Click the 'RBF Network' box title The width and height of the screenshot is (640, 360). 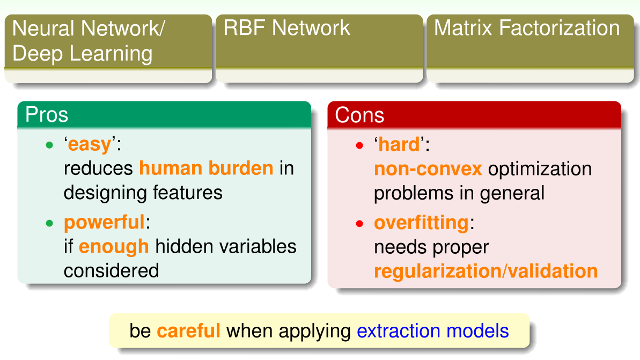tap(286, 28)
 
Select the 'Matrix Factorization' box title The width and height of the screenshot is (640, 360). tap(526, 28)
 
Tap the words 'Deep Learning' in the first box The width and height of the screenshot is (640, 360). tap(82, 54)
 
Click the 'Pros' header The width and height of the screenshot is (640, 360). tap(47, 115)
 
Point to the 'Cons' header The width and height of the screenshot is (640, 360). tap(359, 115)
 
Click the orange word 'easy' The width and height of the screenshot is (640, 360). tap(90, 144)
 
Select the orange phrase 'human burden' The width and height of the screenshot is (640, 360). tap(206, 168)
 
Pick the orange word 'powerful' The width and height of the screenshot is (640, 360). tap(104, 222)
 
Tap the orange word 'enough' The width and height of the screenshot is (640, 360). tap(114, 246)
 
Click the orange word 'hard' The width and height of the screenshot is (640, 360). tap(399, 144)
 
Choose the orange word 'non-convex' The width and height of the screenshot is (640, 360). tap(428, 168)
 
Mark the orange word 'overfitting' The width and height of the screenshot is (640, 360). tap(421, 222)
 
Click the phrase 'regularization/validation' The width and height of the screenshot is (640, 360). tap(485, 271)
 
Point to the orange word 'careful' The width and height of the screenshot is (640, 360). tap(188, 330)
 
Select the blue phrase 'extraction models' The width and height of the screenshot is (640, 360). tap(432, 330)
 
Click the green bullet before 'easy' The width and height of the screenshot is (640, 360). tap(49, 145)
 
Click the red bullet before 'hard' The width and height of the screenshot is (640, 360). tap(359, 145)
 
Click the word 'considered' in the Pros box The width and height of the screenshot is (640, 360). tap(111, 270)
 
